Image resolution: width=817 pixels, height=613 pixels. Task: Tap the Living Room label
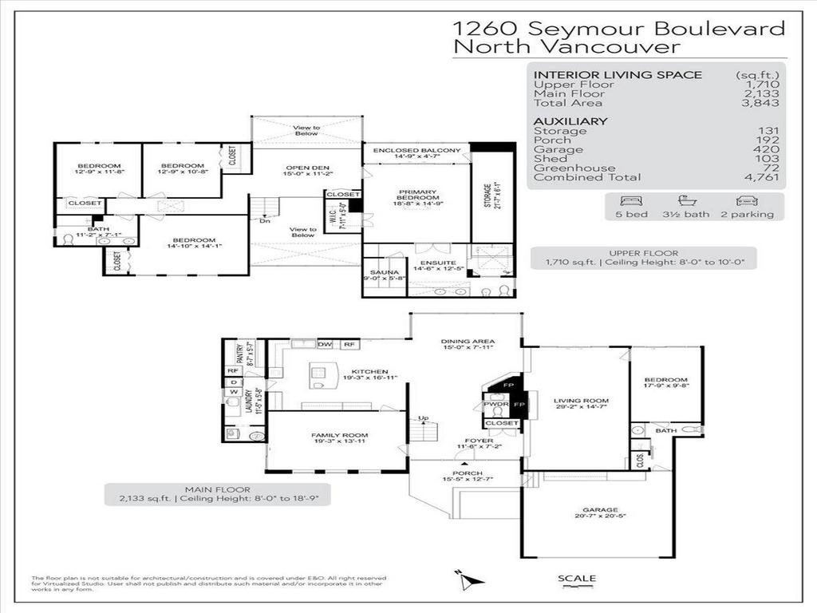coord(581,401)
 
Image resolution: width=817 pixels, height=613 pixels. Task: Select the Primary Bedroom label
coord(416,192)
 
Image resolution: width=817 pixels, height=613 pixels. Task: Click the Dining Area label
coord(465,342)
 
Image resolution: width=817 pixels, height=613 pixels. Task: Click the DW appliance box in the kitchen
coord(325,344)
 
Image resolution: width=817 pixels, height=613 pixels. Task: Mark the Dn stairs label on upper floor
coord(265,221)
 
